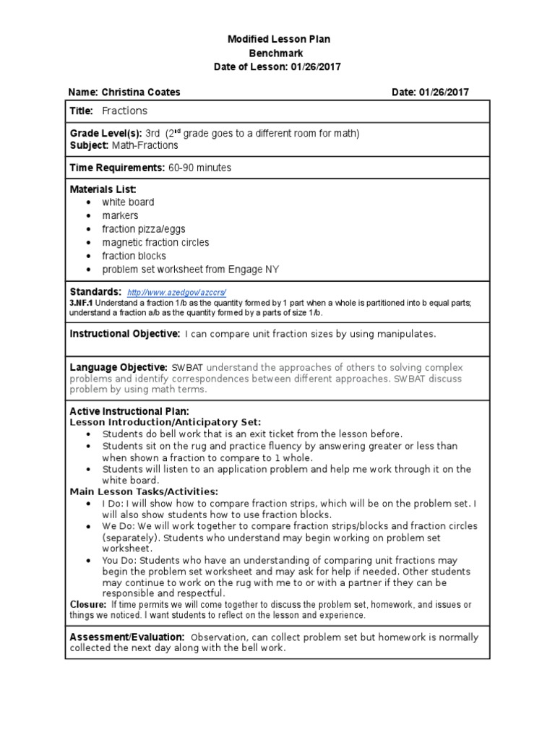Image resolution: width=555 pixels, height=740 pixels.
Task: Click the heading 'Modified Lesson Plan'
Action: coord(278,40)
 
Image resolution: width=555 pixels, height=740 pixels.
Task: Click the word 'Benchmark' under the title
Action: coord(276,53)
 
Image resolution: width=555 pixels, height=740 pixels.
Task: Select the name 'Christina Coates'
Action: coord(142,92)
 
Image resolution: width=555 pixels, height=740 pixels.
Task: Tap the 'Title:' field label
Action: coord(82,111)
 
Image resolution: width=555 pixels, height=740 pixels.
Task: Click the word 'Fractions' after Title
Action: coord(124,111)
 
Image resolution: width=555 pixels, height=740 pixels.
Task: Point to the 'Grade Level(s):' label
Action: coord(106,134)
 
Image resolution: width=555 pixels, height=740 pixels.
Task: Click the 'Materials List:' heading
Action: coord(103,189)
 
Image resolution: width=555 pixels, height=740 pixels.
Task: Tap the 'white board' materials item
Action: coord(128,202)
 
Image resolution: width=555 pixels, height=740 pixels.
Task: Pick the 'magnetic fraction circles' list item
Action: coord(155,243)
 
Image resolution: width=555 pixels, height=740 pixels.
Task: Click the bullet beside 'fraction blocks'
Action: coord(88,257)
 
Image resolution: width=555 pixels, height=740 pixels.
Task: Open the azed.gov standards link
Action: coord(177,293)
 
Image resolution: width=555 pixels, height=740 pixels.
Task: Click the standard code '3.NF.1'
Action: coord(82,304)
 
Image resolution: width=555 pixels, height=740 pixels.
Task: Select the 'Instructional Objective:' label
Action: coord(124,334)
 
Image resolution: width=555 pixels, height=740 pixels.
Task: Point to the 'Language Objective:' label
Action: coord(119,368)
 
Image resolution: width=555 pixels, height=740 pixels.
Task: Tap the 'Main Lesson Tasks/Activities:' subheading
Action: coord(144,491)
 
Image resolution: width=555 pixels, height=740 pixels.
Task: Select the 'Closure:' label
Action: coord(87,604)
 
